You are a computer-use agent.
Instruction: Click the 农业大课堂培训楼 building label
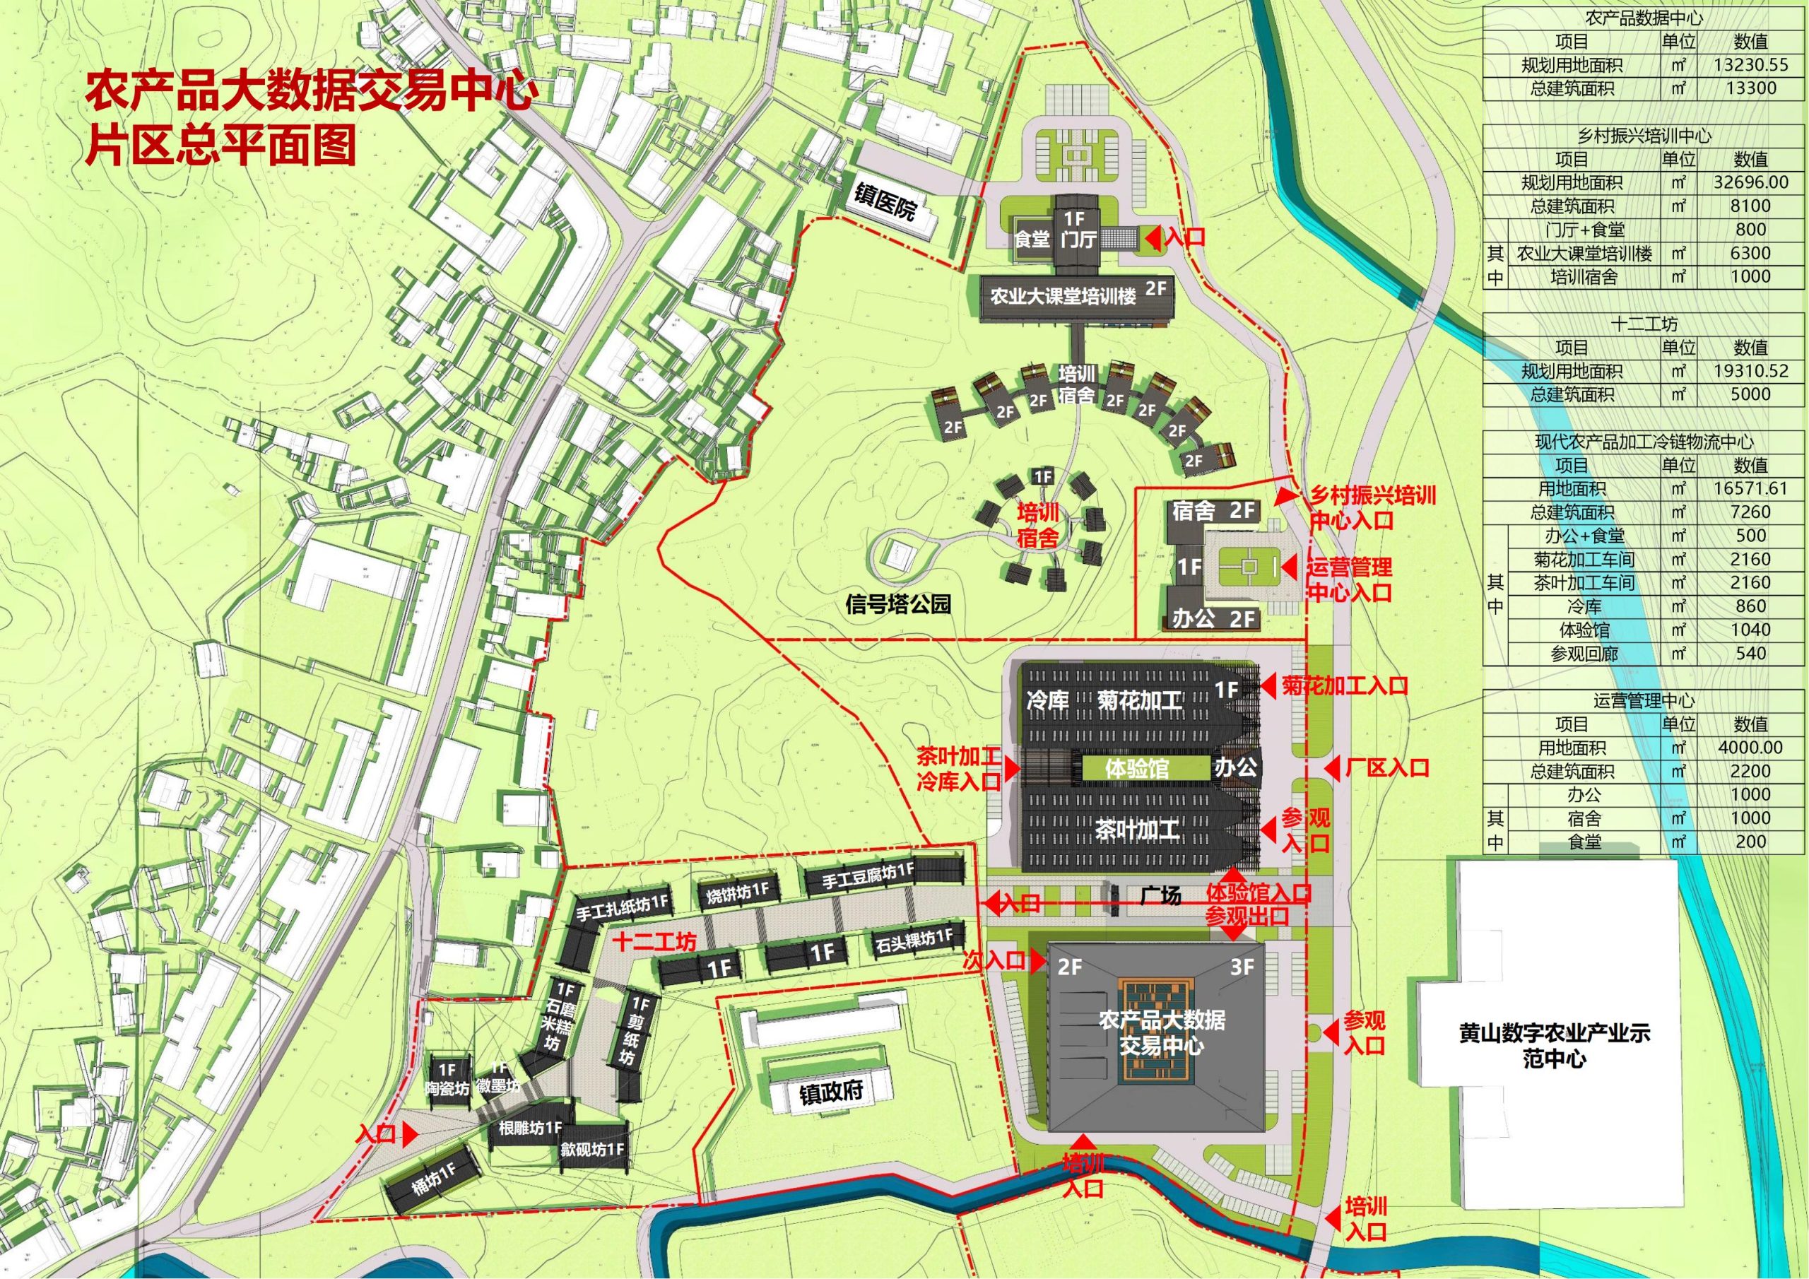tap(1063, 297)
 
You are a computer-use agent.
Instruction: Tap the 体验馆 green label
tap(1136, 767)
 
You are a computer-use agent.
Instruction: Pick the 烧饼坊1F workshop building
tap(738, 891)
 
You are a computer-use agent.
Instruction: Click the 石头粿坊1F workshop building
tap(913, 938)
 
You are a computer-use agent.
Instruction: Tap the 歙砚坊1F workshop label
tap(592, 1149)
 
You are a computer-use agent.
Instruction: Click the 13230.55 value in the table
tap(1750, 64)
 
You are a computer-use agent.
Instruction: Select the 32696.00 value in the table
tap(1750, 182)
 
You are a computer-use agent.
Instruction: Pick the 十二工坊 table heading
tap(1644, 324)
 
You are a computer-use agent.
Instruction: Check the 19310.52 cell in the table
tap(1750, 370)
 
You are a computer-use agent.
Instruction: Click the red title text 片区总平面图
tap(221, 146)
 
